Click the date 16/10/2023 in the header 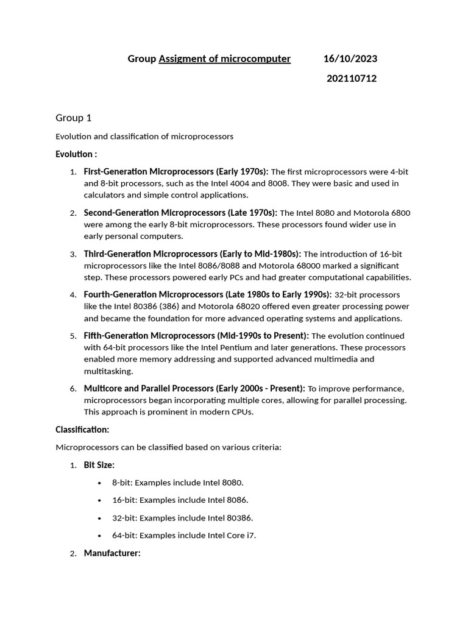tap(350, 58)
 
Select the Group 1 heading tap(74, 118)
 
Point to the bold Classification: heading tap(82, 430)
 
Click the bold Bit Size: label tap(99, 465)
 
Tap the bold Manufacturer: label tap(112, 553)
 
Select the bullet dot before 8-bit tap(99, 483)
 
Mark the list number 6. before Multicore tap(73, 389)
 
